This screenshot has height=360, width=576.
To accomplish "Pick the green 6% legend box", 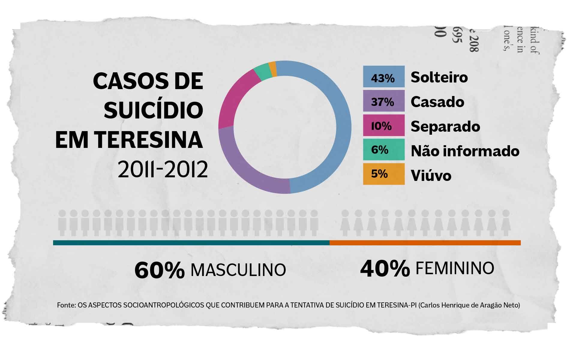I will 384,149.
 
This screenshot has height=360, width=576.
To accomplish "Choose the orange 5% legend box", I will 384,174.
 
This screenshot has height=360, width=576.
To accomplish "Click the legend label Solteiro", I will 439,77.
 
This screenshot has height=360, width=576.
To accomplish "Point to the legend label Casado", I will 437,102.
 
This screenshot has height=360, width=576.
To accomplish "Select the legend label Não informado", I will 465,151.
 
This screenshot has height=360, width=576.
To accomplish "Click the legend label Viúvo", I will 431,175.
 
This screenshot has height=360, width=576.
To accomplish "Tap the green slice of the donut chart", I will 262,73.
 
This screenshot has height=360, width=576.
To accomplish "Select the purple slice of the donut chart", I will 246,168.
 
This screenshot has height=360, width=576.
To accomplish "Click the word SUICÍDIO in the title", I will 153,110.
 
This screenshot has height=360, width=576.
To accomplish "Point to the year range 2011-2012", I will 163,169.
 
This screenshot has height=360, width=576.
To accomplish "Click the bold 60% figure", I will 159,270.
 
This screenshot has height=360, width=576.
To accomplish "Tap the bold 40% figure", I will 385,268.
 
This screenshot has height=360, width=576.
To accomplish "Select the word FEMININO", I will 454,268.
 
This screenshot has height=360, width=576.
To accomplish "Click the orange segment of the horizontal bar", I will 425,243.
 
